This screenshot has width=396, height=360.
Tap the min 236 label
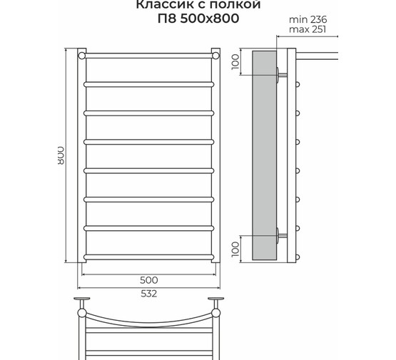coord(309,19)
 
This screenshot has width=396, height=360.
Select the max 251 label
coord(309,29)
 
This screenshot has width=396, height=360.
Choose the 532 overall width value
coord(149,293)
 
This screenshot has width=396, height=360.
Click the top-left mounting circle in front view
coord(82,54)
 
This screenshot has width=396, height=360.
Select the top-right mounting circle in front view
coord(215,54)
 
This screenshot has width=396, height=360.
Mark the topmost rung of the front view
coord(148,54)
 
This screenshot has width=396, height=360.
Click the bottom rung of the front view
coord(148,256)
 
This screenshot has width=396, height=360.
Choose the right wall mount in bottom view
coord(215,300)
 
